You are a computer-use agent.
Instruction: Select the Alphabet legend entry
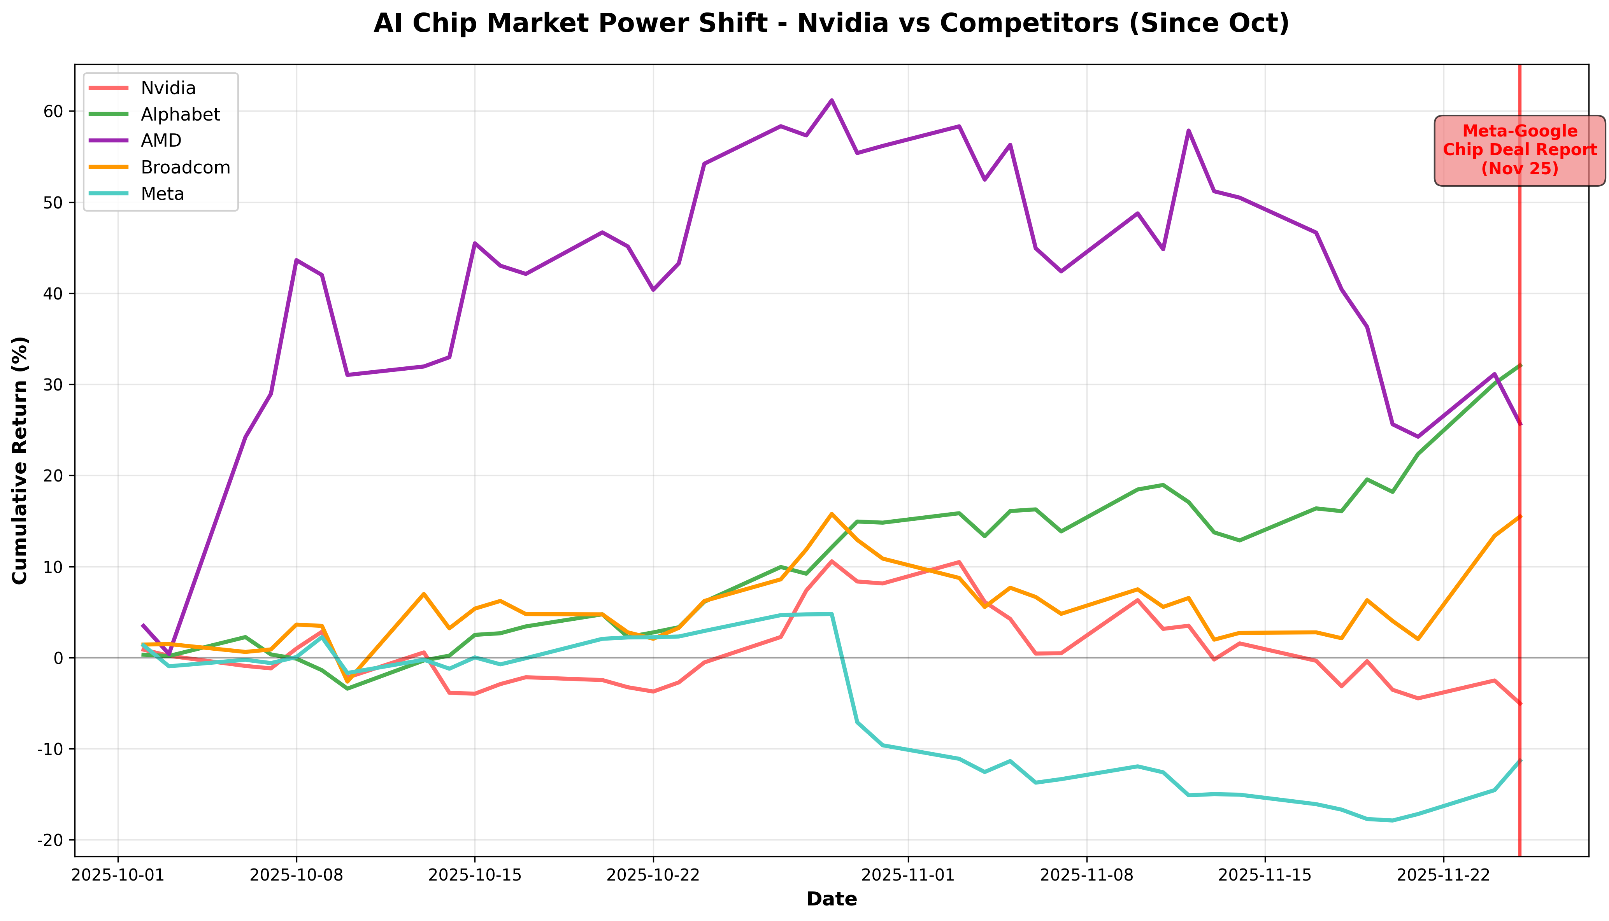tap(180, 114)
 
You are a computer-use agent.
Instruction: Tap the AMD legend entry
tap(161, 140)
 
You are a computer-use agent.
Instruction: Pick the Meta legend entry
tap(163, 194)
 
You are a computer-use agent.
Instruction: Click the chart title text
tap(831, 23)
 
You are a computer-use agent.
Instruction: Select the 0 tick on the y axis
tap(58, 658)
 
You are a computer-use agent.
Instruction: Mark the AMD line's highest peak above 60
tap(832, 100)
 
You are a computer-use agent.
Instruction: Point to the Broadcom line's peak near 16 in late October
tap(832, 514)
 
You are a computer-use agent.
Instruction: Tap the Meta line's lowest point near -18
tap(1392, 820)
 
